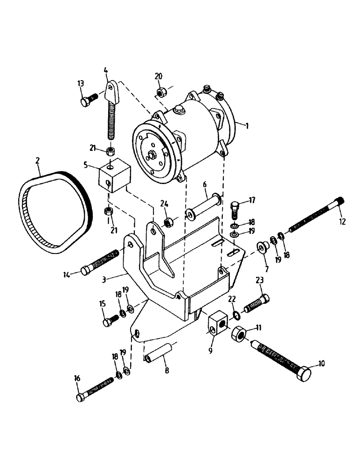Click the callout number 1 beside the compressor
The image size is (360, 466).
tap(247, 125)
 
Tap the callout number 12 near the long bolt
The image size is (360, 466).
tap(342, 222)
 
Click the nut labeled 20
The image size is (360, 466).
tap(160, 92)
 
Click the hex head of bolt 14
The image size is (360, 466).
tap(87, 271)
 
